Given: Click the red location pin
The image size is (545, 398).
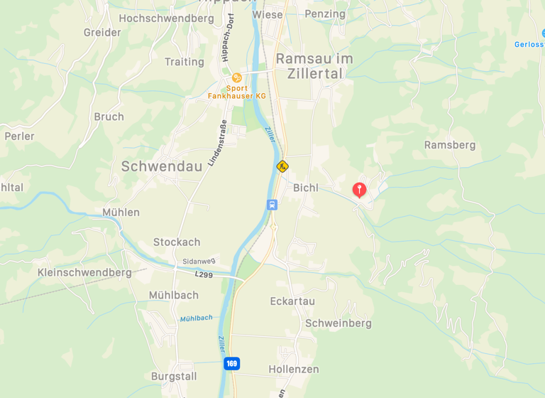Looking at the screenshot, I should [x=360, y=189].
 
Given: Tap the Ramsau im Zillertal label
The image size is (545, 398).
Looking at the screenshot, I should [x=309, y=65].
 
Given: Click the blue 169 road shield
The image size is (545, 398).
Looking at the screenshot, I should [x=231, y=364].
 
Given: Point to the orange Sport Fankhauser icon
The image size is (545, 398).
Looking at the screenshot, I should [x=237, y=77].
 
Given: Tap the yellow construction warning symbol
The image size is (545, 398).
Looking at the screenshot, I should [x=282, y=166].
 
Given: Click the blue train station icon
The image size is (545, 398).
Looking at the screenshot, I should [x=272, y=205].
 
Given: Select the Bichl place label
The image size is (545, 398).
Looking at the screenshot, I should [x=306, y=188].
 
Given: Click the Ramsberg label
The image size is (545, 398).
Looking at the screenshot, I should [x=450, y=145].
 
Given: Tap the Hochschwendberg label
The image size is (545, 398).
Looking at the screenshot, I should [x=166, y=18].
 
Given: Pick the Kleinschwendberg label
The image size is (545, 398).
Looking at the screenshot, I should [x=84, y=272].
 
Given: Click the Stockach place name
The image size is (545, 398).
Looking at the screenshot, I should [x=177, y=242].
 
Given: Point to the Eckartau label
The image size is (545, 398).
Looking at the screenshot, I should [x=292, y=301].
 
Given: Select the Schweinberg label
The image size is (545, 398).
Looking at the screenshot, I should [x=338, y=323].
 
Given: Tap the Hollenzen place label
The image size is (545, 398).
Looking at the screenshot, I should [x=294, y=370].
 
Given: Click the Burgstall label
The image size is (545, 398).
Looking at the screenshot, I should [x=174, y=376].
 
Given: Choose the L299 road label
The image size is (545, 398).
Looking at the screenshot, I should [x=204, y=273].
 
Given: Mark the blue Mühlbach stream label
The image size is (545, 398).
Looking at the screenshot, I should [x=196, y=318].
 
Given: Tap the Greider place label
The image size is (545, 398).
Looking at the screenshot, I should [x=102, y=33].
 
